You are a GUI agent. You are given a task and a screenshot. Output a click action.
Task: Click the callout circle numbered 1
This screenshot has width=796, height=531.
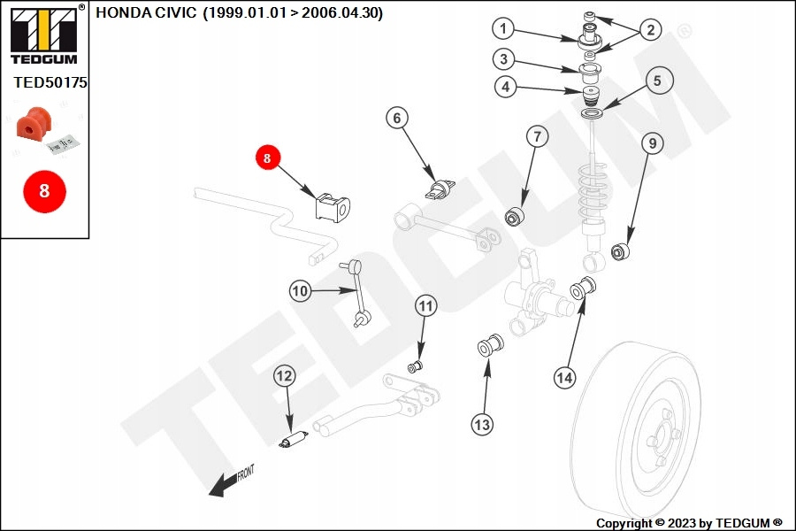(x=503, y=28)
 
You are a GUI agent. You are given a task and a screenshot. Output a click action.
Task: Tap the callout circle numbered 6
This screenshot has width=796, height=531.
(x=397, y=118)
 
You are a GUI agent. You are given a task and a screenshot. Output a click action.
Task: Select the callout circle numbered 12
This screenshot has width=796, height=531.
(x=284, y=376)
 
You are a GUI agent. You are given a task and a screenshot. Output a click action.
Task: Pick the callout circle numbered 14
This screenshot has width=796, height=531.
(x=564, y=378)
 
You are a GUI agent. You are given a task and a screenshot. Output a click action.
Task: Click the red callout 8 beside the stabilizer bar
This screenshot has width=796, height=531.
(x=267, y=158)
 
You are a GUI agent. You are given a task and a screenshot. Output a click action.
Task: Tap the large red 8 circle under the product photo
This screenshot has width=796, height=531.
(x=45, y=191)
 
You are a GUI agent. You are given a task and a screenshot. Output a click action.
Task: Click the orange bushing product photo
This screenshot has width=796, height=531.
(x=34, y=122)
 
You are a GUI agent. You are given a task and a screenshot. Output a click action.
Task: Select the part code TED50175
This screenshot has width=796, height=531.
(x=50, y=82)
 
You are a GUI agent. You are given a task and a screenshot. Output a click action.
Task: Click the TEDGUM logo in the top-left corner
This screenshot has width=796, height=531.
(x=44, y=35)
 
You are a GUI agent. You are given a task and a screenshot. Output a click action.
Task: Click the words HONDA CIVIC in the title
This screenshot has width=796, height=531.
(x=146, y=12)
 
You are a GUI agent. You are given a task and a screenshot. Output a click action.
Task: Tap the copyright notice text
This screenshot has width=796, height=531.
(x=689, y=523)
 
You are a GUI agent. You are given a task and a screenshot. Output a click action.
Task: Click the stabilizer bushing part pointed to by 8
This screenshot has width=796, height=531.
(x=333, y=207)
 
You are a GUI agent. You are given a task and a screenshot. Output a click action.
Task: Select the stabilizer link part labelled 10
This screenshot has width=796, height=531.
(x=357, y=294)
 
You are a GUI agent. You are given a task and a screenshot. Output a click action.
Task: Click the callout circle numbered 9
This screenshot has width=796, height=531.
(x=653, y=143)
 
